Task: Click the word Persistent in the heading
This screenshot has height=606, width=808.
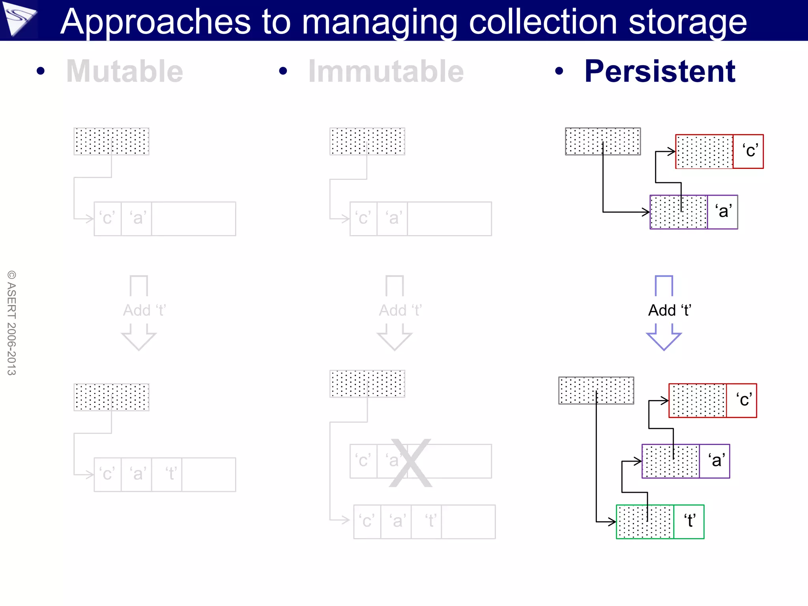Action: [660, 71]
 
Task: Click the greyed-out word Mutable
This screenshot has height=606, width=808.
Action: [125, 71]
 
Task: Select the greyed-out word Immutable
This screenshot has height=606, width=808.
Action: [386, 71]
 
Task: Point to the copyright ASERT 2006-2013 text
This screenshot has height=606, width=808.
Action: [12, 323]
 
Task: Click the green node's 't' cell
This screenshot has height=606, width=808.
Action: [689, 521]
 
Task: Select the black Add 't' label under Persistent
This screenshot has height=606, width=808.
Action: [670, 310]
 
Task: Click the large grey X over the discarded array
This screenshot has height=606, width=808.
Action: [410, 463]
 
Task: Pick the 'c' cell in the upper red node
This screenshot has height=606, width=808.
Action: [748, 151]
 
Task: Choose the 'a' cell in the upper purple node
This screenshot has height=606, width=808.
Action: [722, 212]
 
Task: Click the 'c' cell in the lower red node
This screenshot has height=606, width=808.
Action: [741, 400]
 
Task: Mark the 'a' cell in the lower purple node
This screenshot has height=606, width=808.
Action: [714, 461]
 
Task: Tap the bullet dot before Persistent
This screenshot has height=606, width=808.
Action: [559, 71]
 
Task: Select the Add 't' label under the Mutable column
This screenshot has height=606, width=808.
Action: [144, 310]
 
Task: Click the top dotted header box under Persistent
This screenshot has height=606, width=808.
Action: [602, 141]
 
